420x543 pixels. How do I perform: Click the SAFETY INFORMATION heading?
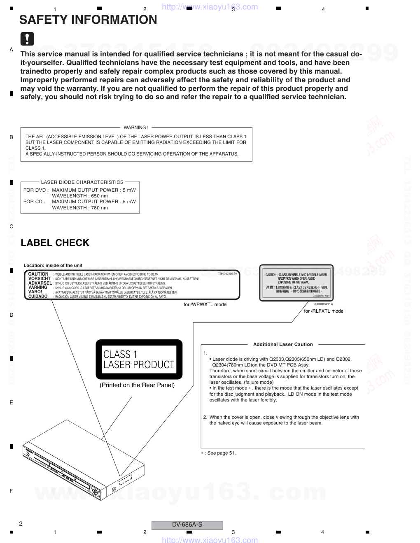88,20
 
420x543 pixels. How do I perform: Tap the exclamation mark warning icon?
27,39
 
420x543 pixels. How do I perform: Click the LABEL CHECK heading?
55,243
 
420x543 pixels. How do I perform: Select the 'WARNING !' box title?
136,128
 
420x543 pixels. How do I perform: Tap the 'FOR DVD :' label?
36,190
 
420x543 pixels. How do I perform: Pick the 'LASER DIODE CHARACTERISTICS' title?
82,182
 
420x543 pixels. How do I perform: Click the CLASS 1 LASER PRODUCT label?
139,359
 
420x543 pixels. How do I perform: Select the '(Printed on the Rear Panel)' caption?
137,385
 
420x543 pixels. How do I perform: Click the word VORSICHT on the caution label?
39,278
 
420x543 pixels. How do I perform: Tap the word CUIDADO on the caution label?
38,296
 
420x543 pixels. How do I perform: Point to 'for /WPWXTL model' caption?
205,304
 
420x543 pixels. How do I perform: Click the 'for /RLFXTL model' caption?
324,311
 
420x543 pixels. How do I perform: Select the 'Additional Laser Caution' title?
283,344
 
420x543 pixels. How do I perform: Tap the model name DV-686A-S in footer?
187,524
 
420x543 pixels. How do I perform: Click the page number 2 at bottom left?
21,524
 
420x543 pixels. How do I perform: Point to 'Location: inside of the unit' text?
53,265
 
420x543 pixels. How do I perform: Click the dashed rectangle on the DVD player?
125,480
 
